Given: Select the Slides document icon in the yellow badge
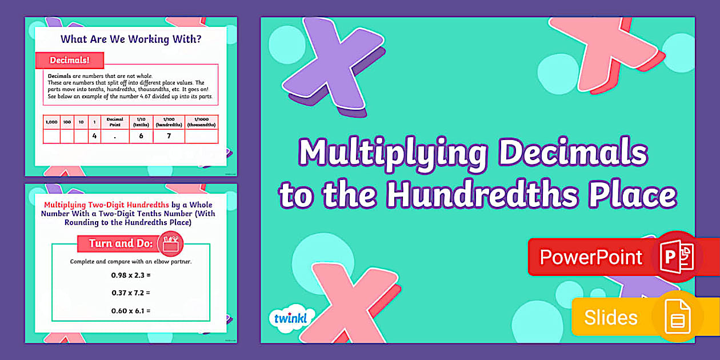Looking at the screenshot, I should [x=677, y=317].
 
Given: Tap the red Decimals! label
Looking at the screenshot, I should [x=69, y=60].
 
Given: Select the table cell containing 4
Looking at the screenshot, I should [x=94, y=136].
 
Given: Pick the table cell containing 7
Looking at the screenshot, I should [x=169, y=136].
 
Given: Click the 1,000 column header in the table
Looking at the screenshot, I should [x=51, y=122].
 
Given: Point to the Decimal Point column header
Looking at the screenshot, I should [x=115, y=122].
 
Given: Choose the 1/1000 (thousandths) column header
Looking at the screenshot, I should [x=201, y=122].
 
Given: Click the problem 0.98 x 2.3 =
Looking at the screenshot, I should [x=131, y=275].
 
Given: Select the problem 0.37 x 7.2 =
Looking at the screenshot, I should [x=131, y=293].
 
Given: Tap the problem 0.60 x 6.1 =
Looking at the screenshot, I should [x=131, y=311].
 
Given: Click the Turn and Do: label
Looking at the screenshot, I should [x=121, y=243].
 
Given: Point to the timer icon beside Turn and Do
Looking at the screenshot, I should [x=169, y=243].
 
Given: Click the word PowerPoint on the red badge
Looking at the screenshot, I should [x=591, y=257].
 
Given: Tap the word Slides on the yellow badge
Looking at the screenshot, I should [x=610, y=317].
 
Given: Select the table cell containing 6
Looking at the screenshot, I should [x=141, y=136].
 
